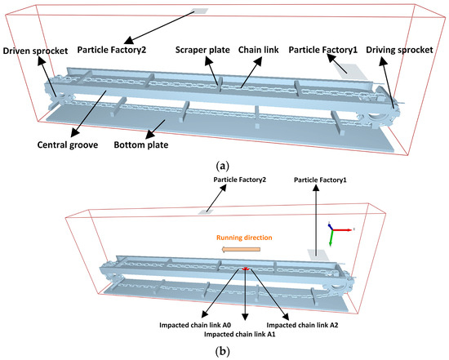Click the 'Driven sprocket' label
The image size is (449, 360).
(35, 51)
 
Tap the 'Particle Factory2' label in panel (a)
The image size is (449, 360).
(112, 50)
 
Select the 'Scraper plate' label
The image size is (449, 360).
(202, 50)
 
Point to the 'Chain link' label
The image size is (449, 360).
(258, 50)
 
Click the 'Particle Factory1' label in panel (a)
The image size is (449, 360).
(323, 50)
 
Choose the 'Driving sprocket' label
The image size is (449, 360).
(399, 50)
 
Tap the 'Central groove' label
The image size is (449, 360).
(68, 145)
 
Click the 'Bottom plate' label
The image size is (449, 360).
(141, 145)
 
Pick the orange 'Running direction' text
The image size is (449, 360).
(244, 238)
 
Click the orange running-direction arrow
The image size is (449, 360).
(242, 250)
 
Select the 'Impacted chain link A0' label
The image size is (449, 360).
(195, 325)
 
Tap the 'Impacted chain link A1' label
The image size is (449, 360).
(240, 334)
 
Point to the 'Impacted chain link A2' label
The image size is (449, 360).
(302, 325)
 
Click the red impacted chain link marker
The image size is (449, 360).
(245, 269)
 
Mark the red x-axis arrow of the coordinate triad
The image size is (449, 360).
(342, 229)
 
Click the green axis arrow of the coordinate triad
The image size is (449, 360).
(331, 238)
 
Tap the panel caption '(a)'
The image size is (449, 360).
(223, 166)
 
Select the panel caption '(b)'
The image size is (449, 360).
(223, 351)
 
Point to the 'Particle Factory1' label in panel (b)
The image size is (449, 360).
(320, 180)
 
